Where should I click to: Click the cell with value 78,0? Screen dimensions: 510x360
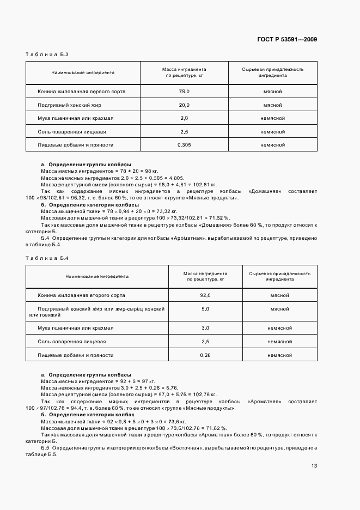pos(184,92)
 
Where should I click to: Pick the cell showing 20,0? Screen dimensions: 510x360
pos(184,105)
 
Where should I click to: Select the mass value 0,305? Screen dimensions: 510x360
pos(184,145)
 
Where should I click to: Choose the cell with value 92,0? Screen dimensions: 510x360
pos(205,295)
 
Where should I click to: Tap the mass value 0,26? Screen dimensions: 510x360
pos(205,355)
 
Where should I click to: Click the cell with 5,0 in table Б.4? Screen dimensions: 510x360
pos(205,309)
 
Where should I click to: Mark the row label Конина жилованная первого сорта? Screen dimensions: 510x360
pos(82,92)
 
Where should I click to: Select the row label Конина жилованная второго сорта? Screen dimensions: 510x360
pos(82,295)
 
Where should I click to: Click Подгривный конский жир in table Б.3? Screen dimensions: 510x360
pos(70,105)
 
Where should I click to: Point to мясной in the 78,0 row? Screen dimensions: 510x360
pos(272,92)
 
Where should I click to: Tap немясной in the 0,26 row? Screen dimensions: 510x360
pos(280,355)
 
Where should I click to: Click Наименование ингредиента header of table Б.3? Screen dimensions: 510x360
pos(83,72)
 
